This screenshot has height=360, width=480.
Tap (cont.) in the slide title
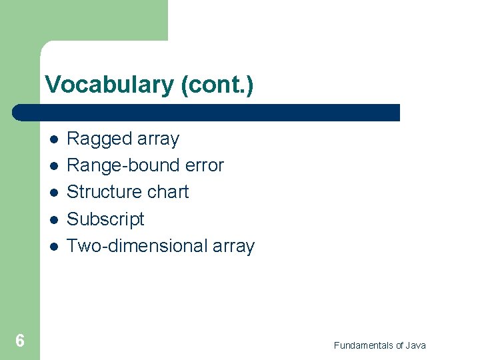[217, 85]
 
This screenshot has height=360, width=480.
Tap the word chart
[168, 192]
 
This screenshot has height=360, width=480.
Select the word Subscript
[105, 219]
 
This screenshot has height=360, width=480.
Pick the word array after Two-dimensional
[233, 246]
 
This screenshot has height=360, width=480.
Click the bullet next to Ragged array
[53, 139]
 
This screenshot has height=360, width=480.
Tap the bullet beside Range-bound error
[53, 166]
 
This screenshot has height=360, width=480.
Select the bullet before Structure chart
[53, 193]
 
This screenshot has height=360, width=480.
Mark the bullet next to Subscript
[53, 219]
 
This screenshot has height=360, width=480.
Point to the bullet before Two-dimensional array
[53, 246]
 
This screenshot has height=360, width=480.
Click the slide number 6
[20, 341]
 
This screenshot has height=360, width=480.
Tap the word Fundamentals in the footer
[363, 345]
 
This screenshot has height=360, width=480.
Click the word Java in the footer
[415, 345]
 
